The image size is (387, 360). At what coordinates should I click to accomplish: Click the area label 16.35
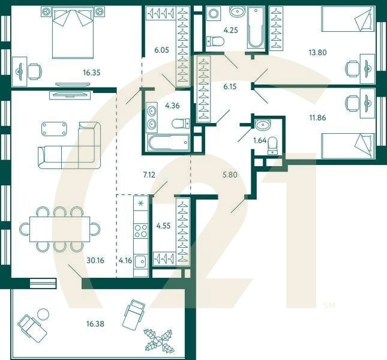[91, 73]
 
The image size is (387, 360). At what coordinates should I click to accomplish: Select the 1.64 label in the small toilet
[260, 140]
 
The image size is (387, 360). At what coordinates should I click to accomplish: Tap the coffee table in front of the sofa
[55, 128]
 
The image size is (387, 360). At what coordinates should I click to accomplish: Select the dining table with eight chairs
[60, 229]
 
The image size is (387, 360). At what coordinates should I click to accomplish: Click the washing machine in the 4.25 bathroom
[214, 14]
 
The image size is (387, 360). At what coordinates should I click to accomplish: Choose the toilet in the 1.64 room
[273, 145]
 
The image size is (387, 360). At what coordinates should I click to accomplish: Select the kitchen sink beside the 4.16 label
[140, 261]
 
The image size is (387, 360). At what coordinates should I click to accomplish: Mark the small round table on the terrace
[43, 313]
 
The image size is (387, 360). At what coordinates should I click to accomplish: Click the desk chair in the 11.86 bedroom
[352, 104]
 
